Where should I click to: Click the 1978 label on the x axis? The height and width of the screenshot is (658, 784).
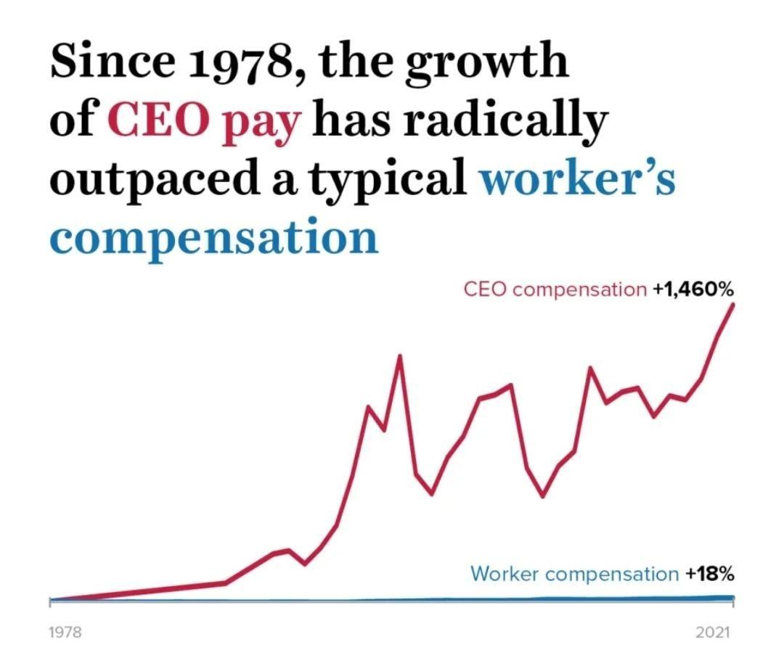(65, 632)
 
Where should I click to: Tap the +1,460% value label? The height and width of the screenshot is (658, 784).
(693, 289)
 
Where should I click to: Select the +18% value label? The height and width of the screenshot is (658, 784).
(710, 574)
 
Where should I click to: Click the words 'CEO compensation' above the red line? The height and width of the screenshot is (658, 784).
(555, 289)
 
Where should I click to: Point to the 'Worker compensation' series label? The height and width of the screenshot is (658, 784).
(573, 574)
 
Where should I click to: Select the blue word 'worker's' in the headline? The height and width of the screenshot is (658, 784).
(577, 179)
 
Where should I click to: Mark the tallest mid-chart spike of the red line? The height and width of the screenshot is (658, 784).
(399, 355)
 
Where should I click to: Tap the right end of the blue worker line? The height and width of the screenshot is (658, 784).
(732, 598)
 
